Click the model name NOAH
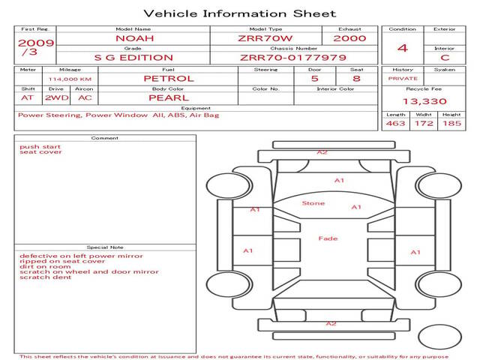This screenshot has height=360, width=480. tap(135, 38)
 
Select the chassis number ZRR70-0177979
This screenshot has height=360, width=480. tap(293, 58)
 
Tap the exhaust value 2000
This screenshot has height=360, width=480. tap(349, 38)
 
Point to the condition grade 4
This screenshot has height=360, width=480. tap(403, 48)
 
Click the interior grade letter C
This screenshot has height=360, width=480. tap(445, 58)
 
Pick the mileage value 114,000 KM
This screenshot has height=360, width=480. tap(70, 79)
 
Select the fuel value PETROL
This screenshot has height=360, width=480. tap(169, 79)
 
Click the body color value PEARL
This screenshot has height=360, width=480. tap(169, 98)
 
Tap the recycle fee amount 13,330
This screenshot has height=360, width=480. tap(424, 101)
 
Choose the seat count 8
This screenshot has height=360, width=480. tap(356, 79)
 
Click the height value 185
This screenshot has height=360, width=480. tap(451, 123)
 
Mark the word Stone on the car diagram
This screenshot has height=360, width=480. tap(313, 203)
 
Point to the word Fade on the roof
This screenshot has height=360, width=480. tap(328, 238)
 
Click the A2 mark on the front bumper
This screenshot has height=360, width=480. tap(322, 152)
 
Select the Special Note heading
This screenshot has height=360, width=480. tap(105, 247)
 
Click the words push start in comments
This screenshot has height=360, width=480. tap(40, 147)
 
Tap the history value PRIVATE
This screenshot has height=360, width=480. tap(403, 79)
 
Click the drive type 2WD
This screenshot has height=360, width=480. tap(57, 98)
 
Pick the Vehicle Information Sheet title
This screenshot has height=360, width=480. tap(240, 13)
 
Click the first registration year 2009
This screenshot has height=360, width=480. tap(36, 43)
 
